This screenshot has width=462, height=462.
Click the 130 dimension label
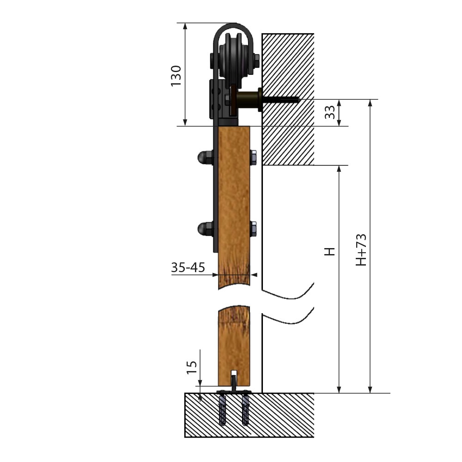[x=176, y=76]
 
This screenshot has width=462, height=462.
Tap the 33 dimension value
[x=330, y=112]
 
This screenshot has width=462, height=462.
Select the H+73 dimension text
[x=361, y=250]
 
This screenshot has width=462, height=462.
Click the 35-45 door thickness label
[x=188, y=267]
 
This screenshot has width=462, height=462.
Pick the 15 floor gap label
[x=192, y=367]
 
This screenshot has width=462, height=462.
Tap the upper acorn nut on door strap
[x=206, y=158]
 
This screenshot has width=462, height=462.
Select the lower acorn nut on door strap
[x=206, y=229]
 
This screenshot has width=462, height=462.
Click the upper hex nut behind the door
[x=253, y=158]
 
